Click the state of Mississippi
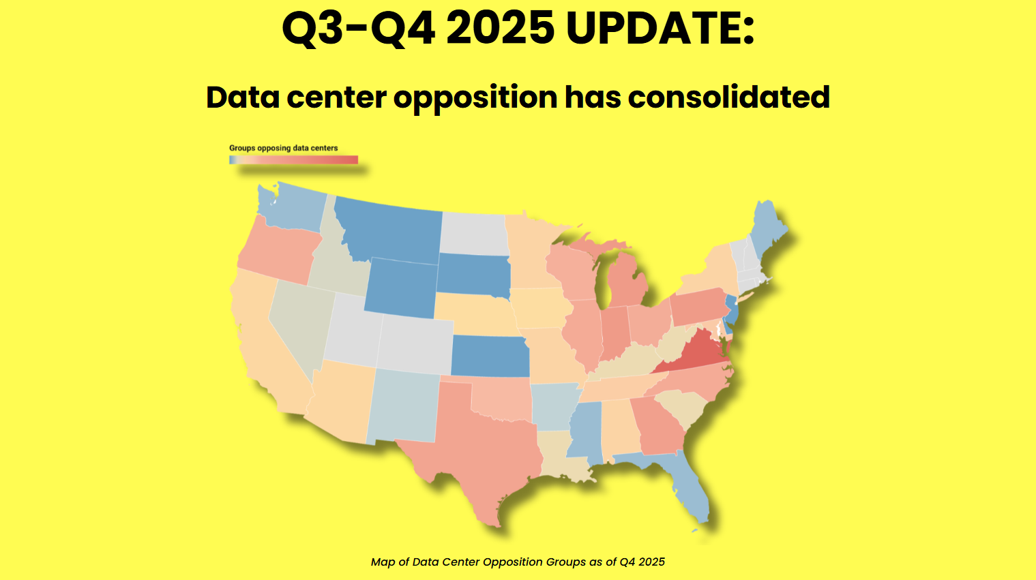tap(585, 429)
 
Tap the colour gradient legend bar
tap(293, 159)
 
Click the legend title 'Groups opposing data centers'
tap(283, 148)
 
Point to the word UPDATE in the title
tap(660, 29)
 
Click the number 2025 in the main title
tap(500, 29)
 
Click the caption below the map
tap(518, 562)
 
